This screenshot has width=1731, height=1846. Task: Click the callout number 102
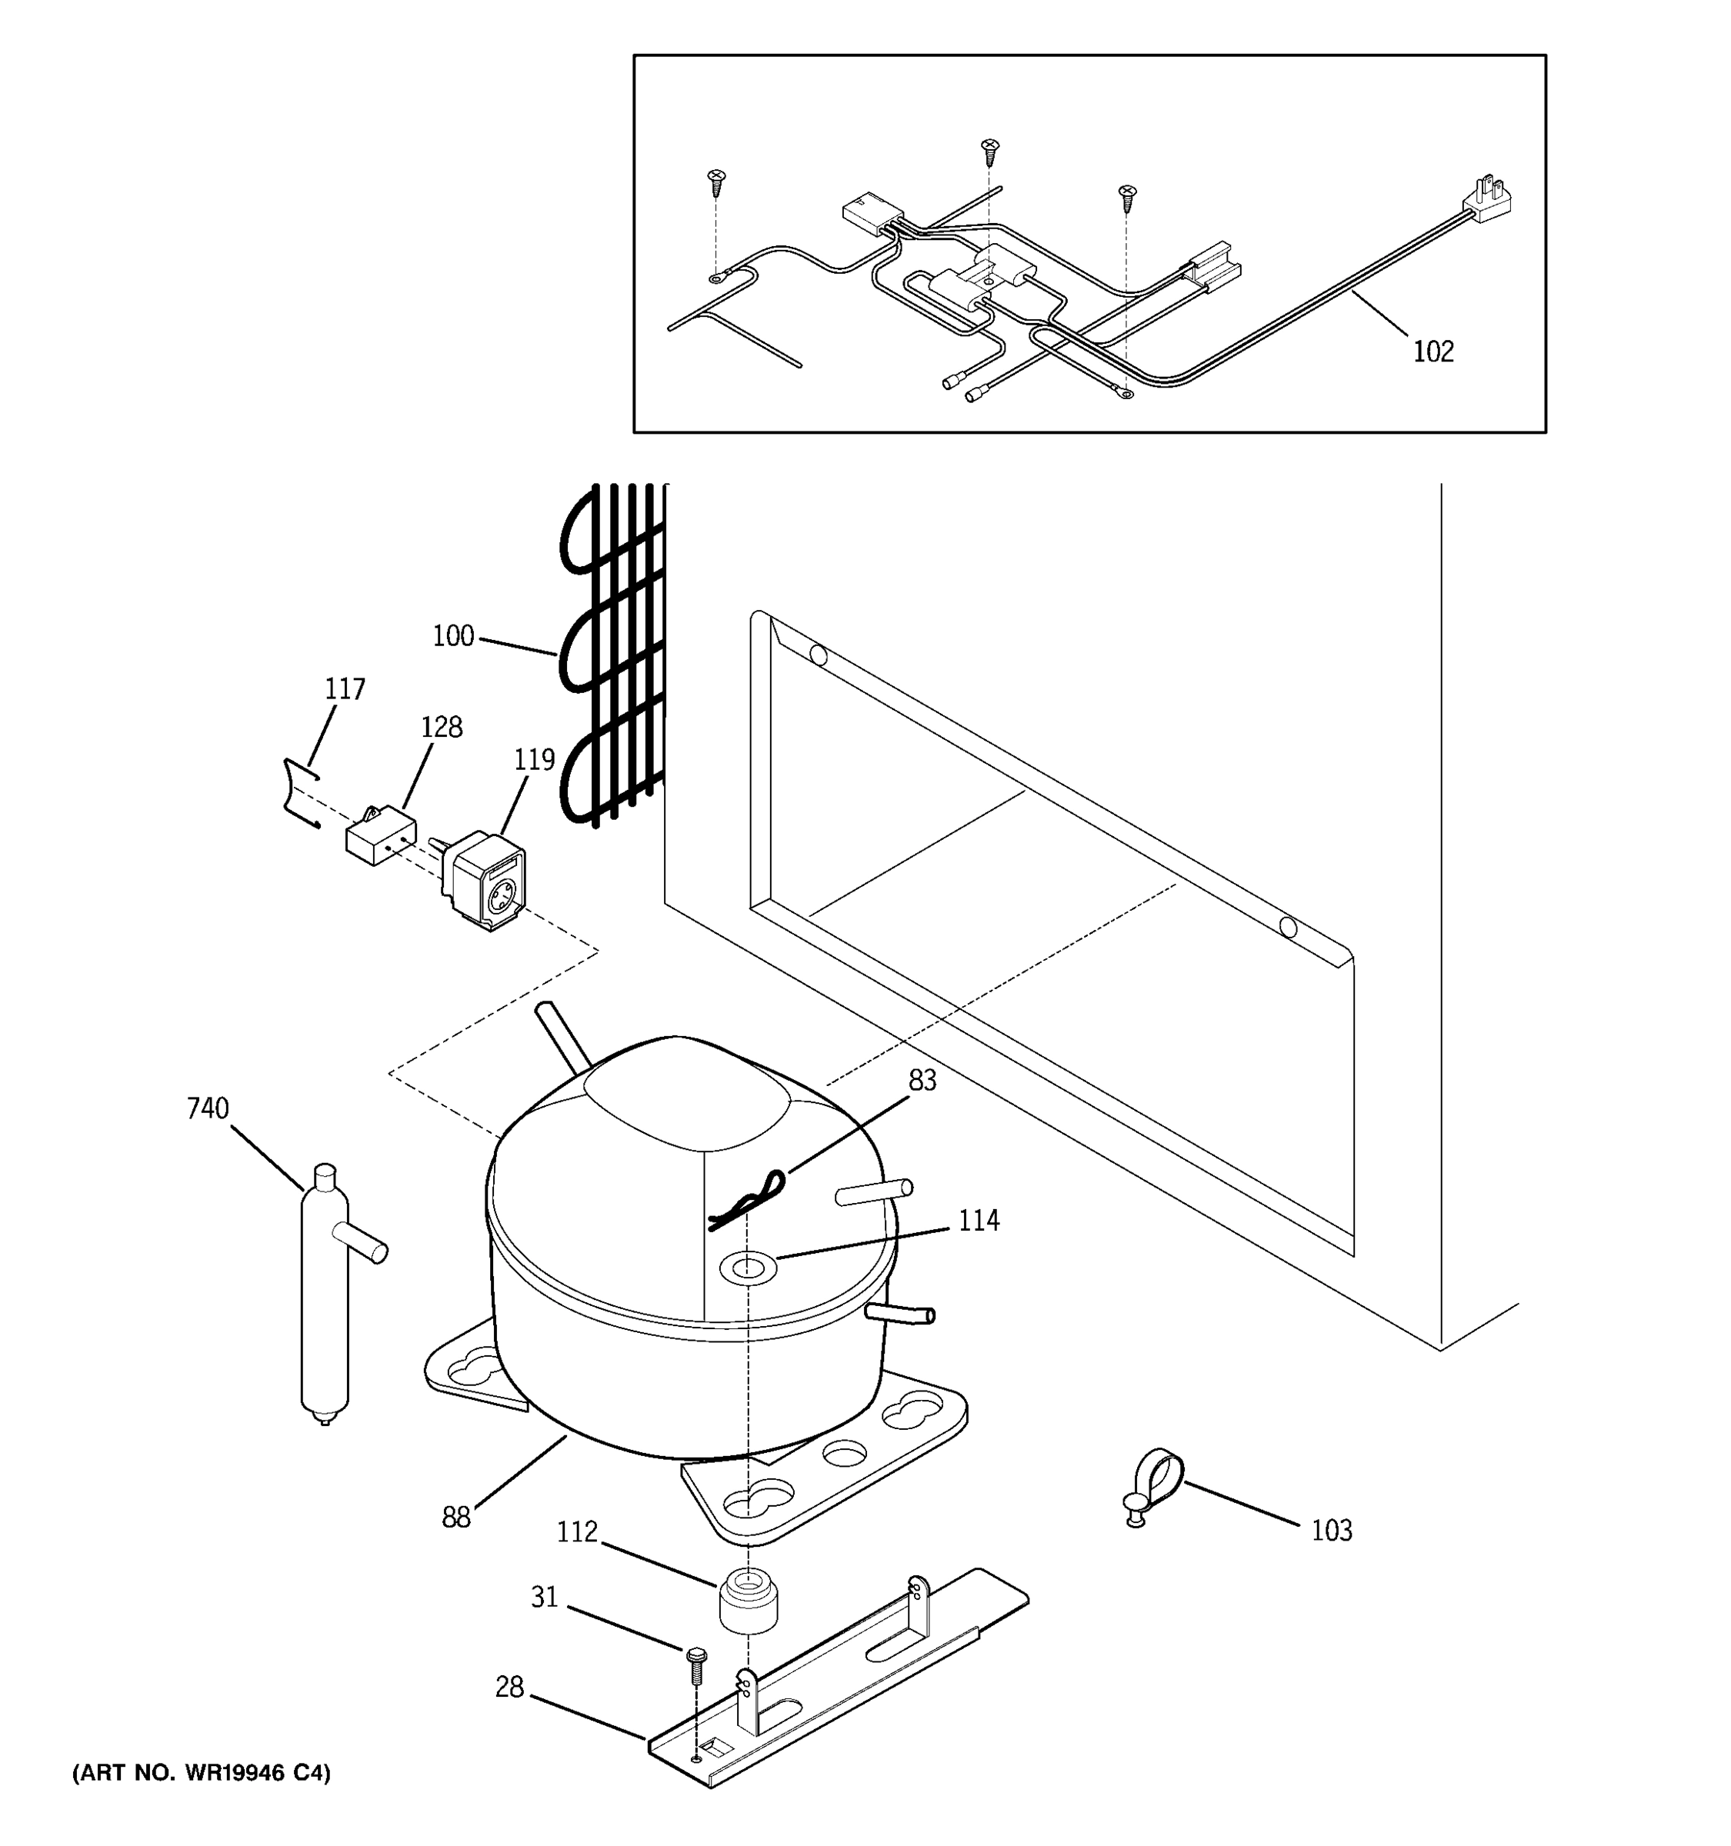[x=1433, y=352]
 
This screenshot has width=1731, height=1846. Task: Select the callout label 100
[x=453, y=637]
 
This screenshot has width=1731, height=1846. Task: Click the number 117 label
[x=345, y=689]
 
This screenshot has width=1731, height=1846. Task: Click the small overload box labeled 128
[x=380, y=839]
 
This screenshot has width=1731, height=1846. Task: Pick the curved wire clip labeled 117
[x=299, y=792]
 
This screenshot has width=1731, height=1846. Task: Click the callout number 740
[x=207, y=1108]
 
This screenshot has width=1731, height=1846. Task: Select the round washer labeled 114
[x=749, y=1268]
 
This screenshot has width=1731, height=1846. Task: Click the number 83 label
[x=922, y=1081]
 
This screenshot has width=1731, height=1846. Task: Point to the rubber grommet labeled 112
[x=749, y=1601]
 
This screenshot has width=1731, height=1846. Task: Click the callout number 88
[x=456, y=1518]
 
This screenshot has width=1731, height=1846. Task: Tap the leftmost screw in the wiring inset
[x=716, y=182]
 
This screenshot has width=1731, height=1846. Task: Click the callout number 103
[x=1331, y=1531]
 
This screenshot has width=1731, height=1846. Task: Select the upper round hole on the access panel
[x=818, y=655]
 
